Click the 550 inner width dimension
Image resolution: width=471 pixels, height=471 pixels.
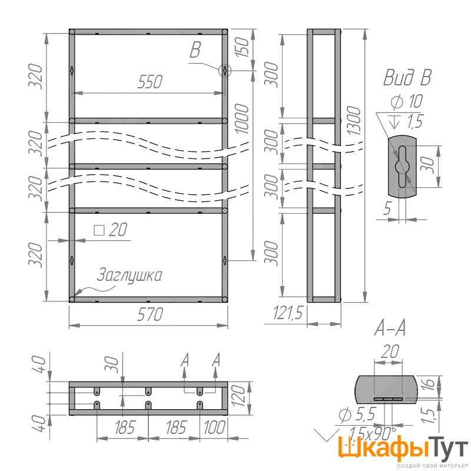[150, 82]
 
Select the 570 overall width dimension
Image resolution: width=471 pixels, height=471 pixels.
[150, 314]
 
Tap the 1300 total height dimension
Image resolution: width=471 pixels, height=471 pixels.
[354, 121]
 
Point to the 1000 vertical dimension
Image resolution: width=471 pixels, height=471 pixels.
[242, 119]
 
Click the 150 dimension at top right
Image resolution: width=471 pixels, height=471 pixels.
[242, 48]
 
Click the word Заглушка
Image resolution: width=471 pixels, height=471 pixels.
[130, 275]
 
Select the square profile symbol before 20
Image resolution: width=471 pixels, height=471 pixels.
[99, 230]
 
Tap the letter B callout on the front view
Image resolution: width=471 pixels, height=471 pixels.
[195, 50]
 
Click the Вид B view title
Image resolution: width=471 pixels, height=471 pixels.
[407, 78]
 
